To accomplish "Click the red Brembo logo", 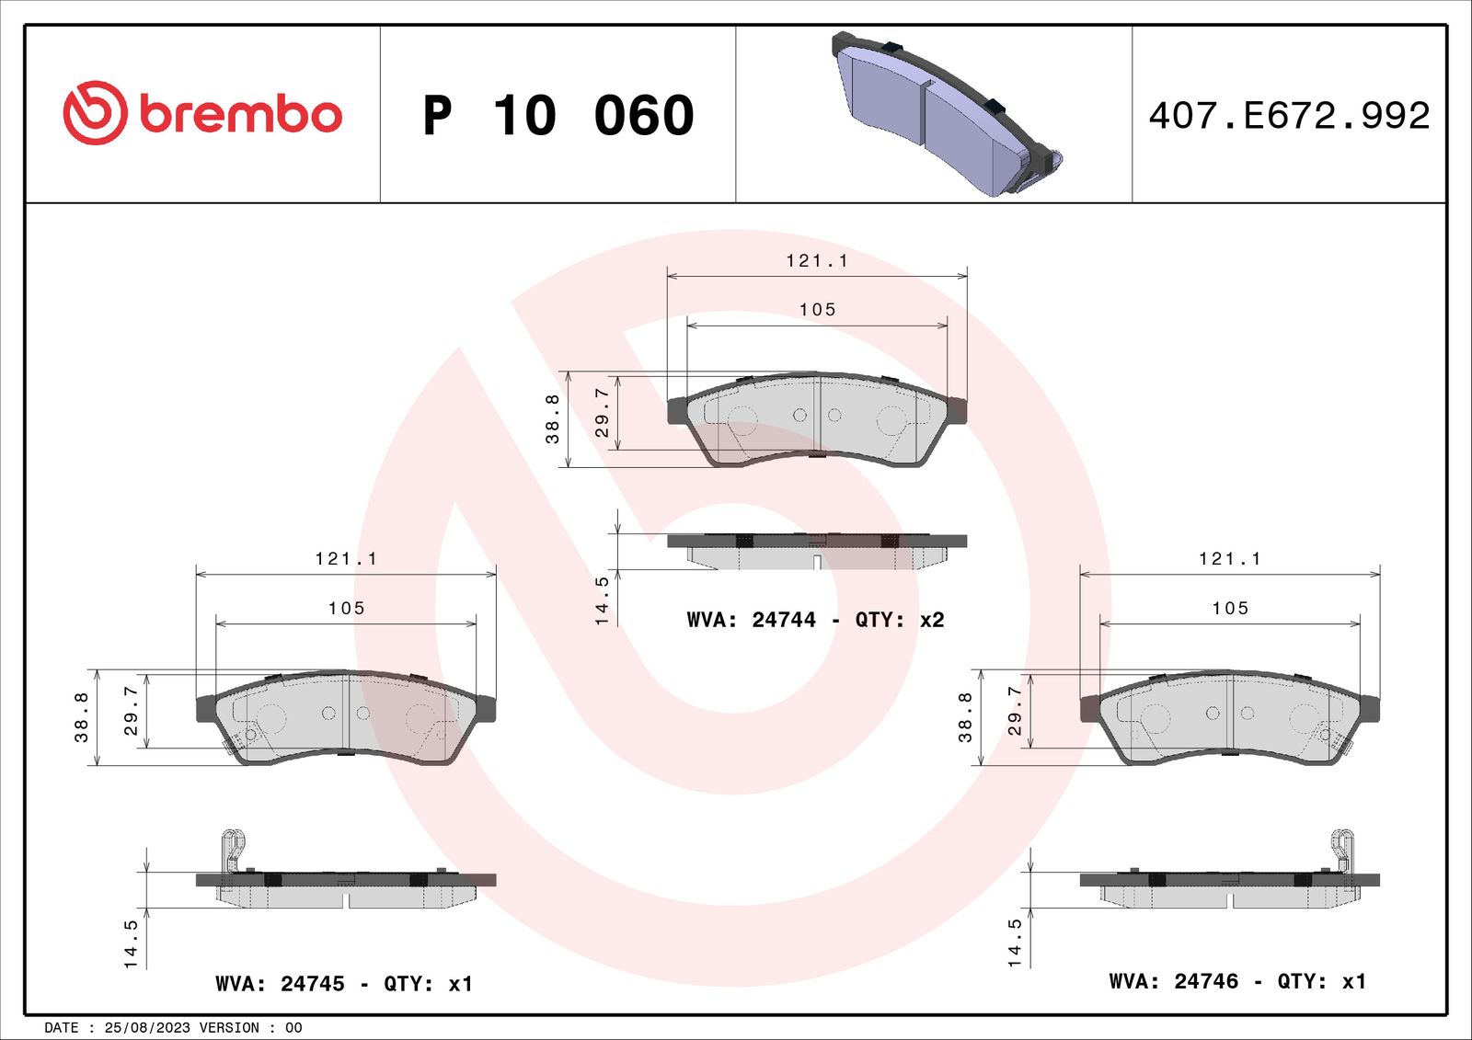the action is [202, 113].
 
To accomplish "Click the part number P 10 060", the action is [558, 115].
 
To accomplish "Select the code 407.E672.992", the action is [1289, 115].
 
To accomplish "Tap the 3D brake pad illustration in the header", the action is [947, 114].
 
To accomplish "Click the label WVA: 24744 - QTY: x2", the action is [815, 620].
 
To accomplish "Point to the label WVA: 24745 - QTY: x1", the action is [344, 984].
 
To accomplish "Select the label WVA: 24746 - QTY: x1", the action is [1237, 981].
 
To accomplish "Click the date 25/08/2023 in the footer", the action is [147, 1027].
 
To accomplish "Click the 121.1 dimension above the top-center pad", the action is [817, 261].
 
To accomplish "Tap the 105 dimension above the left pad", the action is [346, 609].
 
